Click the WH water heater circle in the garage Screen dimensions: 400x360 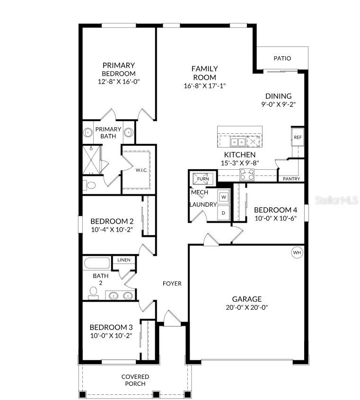click(297, 252)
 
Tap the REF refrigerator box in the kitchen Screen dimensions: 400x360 click(298, 137)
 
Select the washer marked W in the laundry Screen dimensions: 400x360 click(224, 196)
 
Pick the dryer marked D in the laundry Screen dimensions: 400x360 click(224, 212)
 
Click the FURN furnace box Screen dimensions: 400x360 click(202, 179)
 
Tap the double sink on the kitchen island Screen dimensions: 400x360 click(237, 141)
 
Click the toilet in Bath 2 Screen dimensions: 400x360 click(93, 295)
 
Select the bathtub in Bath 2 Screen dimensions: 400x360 click(97, 262)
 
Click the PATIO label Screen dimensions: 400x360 click(282, 58)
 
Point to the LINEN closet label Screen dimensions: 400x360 click(124, 260)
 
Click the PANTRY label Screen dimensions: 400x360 click(291, 179)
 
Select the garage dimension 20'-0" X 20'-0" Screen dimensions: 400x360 click(246, 307)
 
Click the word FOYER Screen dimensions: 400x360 click(172, 284)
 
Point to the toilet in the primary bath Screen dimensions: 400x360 click(90, 185)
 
